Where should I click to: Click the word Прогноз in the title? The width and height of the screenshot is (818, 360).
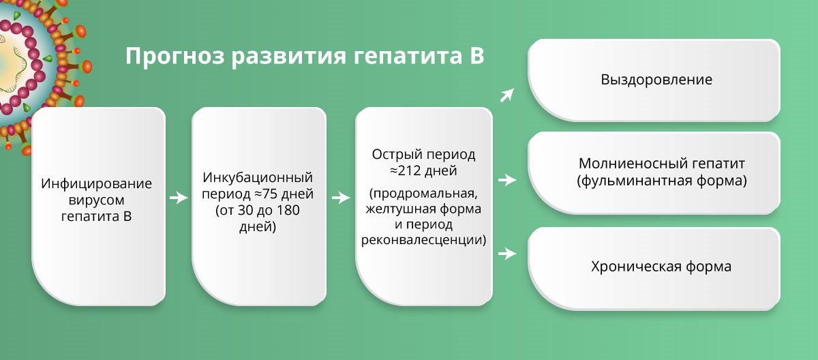(175, 57)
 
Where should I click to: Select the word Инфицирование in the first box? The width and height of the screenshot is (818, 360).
(96, 183)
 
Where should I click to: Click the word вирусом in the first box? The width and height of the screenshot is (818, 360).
(96, 200)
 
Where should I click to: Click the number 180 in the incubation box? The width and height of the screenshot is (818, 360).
(288, 210)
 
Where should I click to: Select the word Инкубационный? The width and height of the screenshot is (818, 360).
(258, 177)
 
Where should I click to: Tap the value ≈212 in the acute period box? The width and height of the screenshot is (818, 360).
(407, 170)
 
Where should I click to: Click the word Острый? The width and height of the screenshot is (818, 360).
(395, 155)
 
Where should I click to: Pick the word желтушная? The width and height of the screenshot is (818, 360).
(400, 209)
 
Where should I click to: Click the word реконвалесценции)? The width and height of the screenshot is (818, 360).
(423, 240)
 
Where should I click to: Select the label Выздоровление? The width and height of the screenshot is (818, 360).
(656, 80)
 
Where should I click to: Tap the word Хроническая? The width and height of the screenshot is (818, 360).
(636, 267)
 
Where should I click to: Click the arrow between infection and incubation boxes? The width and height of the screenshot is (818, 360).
(179, 198)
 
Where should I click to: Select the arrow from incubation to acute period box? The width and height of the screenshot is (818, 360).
(341, 198)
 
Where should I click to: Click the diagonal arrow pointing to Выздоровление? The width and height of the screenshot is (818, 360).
(507, 95)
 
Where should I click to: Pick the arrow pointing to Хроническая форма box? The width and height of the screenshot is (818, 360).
(507, 253)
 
